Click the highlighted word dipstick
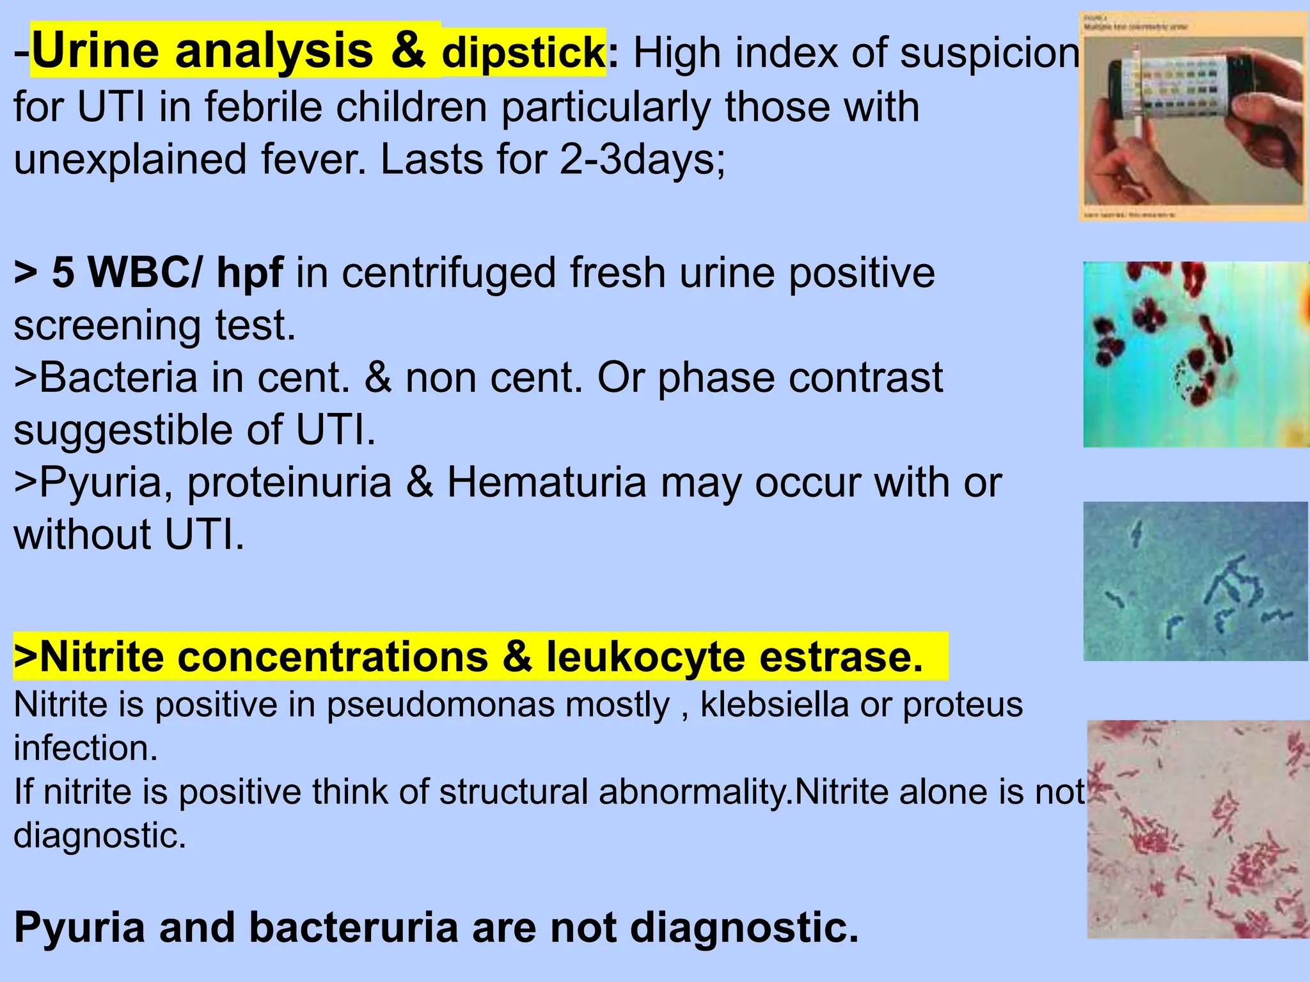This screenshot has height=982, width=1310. [523, 52]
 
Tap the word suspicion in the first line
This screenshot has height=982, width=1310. [990, 52]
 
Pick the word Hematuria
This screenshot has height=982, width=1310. [547, 482]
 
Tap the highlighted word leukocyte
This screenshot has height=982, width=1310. [645, 657]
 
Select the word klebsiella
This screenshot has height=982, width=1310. [774, 705]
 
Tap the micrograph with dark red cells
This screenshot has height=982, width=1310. [1196, 354]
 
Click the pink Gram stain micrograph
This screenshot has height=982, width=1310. [1198, 829]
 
